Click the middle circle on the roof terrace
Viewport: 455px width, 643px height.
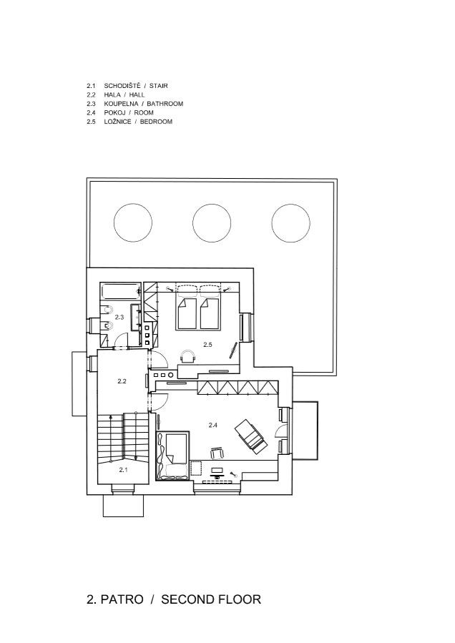click(212, 205)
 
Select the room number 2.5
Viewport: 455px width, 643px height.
click(207, 345)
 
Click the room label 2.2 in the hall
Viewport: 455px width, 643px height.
click(122, 381)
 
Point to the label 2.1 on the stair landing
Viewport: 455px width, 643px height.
click(123, 470)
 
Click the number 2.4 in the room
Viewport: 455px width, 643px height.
click(212, 426)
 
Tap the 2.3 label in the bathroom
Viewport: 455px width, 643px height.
click(119, 317)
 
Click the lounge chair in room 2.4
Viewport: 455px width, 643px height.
click(250, 436)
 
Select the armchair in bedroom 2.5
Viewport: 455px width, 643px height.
click(187, 356)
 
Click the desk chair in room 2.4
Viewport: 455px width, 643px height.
click(217, 453)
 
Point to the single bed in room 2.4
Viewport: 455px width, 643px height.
click(172, 455)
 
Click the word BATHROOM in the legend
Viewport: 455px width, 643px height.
click(165, 104)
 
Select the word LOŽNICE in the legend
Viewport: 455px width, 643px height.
click(117, 122)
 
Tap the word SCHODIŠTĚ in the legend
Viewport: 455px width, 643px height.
click(122, 86)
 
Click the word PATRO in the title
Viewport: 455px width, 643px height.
click(122, 599)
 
